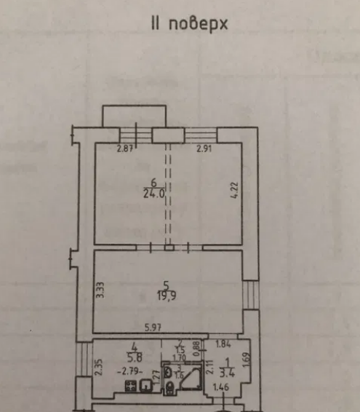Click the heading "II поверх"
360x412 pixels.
point(189,24)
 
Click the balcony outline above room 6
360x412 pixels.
point(134,115)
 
